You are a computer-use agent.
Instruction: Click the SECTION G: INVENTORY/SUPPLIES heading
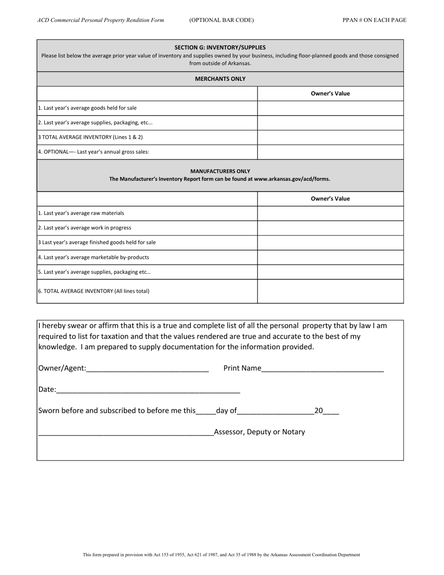220,47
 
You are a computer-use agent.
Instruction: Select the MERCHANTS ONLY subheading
220,79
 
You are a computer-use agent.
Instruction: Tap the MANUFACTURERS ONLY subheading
220,171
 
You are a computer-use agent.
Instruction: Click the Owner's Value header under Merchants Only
330,93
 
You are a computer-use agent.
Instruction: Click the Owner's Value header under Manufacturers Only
330,199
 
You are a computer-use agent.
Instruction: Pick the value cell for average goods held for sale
330,108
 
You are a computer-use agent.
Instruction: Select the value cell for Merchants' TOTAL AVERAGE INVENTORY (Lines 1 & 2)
330,137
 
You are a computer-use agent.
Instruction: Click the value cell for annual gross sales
330,152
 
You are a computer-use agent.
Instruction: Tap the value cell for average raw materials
330,213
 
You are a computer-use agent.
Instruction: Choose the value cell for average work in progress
330,228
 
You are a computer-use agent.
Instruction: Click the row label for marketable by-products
93,257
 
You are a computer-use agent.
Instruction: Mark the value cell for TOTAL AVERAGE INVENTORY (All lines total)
330,291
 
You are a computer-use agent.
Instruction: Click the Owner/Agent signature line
147,368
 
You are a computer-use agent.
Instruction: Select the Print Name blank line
322,368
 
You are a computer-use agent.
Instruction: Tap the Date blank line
148,390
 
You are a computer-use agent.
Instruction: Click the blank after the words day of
276,411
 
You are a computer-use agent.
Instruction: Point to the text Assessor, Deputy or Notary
259,432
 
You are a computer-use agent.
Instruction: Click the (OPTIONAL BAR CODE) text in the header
222,20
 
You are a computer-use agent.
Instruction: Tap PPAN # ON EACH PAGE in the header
374,20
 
